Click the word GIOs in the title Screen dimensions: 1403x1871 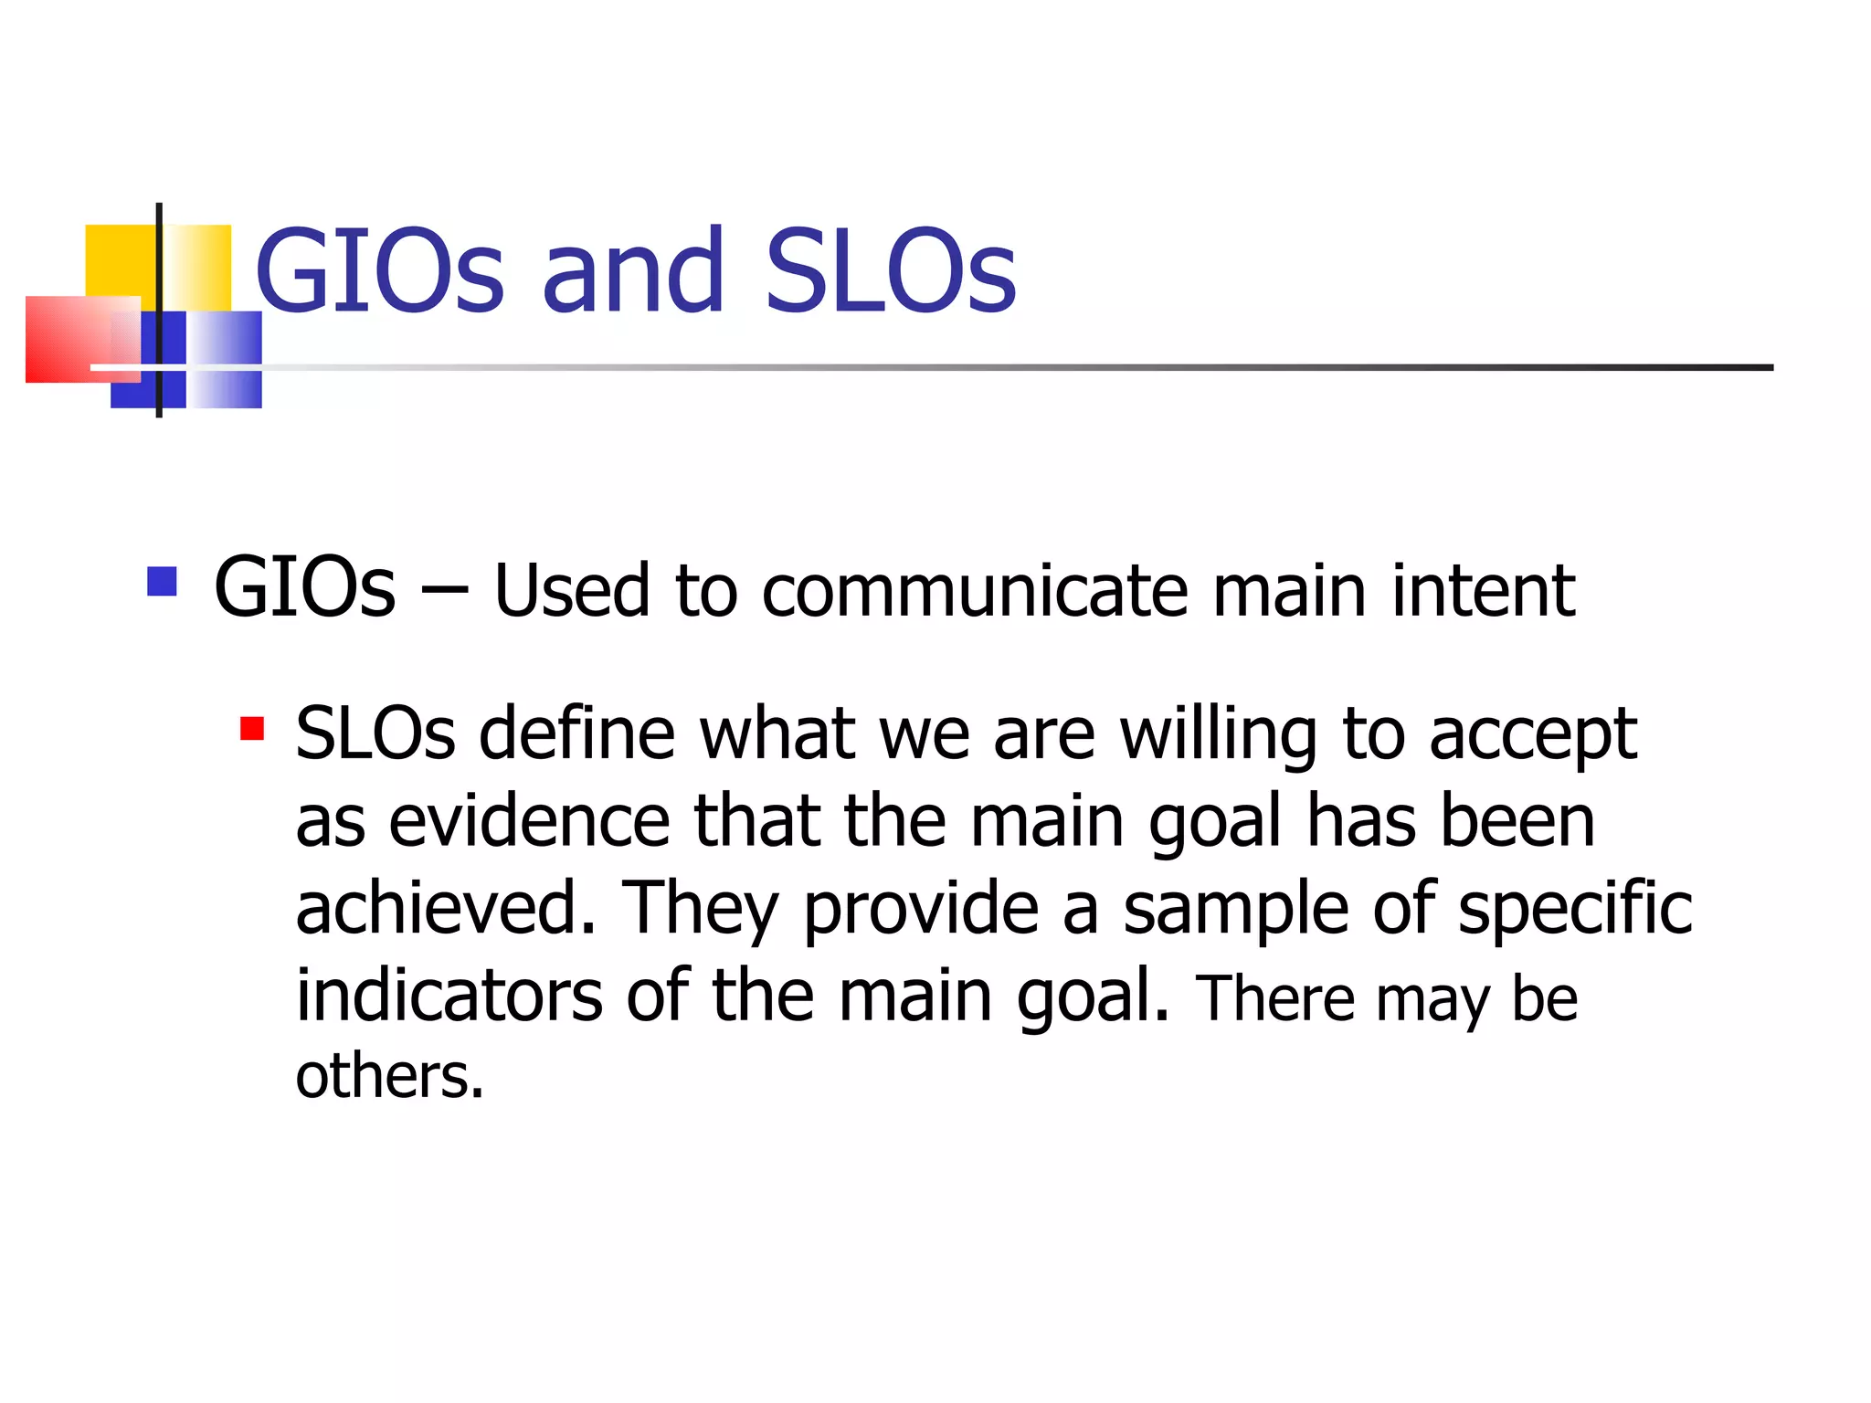[379, 270]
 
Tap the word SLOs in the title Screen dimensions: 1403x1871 [891, 270]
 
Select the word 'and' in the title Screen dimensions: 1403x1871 [634, 270]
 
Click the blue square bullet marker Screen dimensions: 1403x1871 [162, 582]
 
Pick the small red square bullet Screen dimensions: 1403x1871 [252, 728]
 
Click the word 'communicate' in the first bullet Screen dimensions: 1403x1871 [975, 591]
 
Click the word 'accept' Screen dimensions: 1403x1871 [1532, 736]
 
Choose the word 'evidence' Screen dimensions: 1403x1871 [530, 821]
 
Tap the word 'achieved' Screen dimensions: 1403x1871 [445, 908]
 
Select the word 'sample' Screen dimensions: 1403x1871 [1235, 908]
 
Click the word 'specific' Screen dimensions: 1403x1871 [1575, 908]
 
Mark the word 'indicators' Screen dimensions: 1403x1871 [449, 995]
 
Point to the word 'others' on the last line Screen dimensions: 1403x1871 [388, 1076]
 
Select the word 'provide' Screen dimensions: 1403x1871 [921, 910]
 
